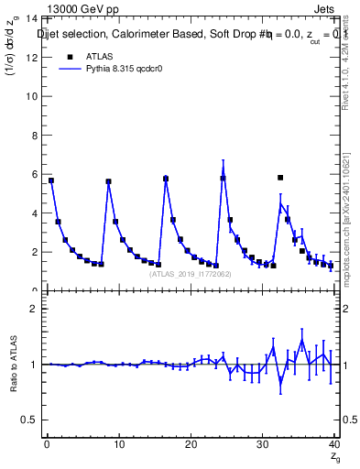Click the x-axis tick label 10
[118, 444]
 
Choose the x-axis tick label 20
[191, 444]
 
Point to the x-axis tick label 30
[263, 444]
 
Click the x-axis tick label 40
[334, 444]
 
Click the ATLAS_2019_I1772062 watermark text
[191, 273]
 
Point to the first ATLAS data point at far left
[51, 180]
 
